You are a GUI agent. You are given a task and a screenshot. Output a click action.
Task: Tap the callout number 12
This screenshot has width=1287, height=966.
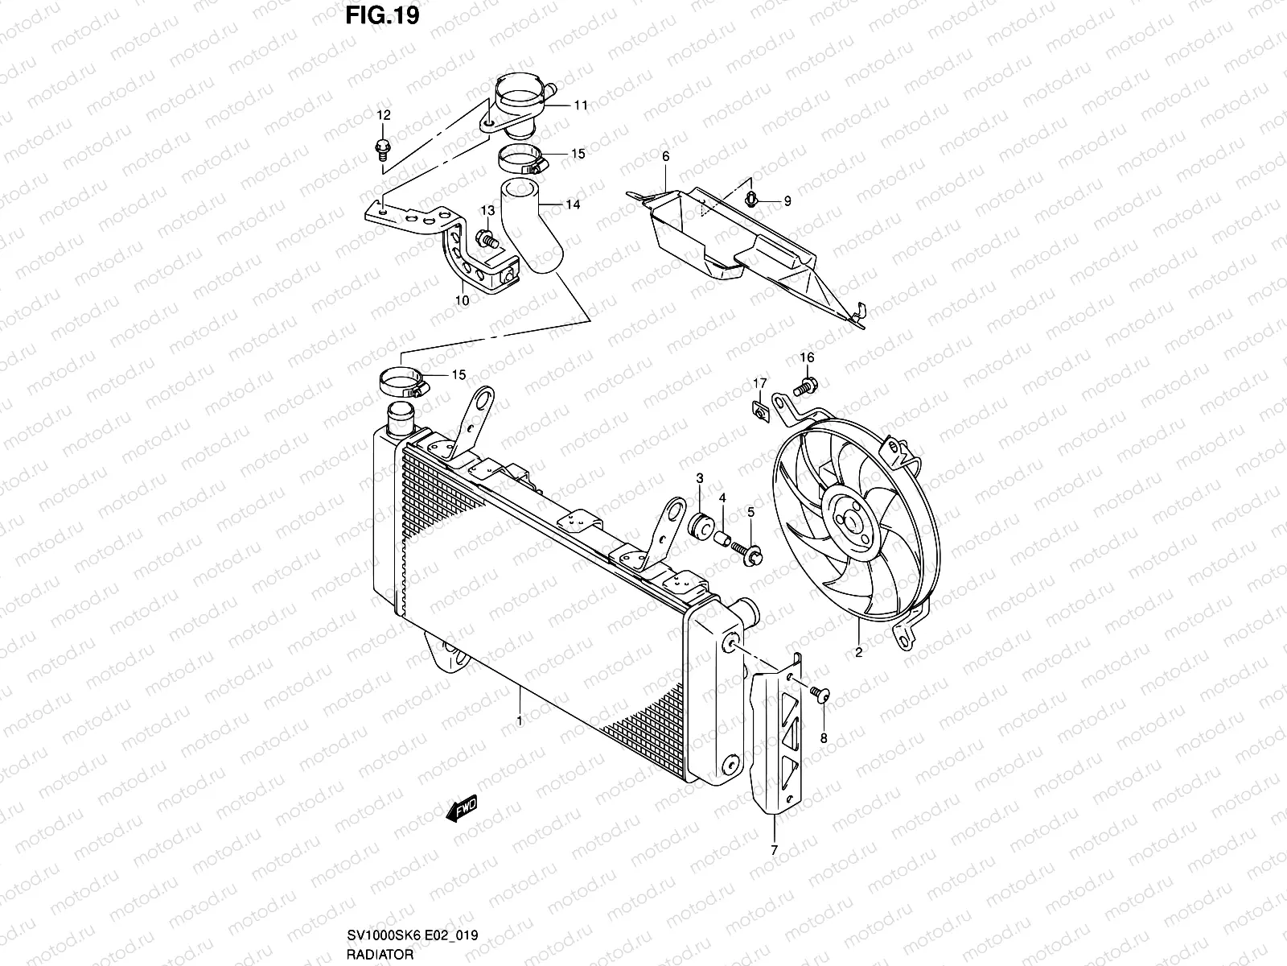click(x=384, y=115)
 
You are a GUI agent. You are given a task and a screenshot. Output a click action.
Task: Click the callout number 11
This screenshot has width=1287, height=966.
click(x=580, y=105)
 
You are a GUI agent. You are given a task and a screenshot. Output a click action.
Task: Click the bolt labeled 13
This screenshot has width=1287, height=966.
click(x=487, y=238)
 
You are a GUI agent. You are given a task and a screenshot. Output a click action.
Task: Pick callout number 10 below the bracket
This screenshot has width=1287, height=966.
click(x=462, y=301)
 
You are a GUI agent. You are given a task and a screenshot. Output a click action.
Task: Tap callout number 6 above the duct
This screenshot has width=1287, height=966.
click(x=665, y=155)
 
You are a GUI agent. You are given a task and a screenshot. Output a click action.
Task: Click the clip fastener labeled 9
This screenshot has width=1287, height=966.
click(x=753, y=199)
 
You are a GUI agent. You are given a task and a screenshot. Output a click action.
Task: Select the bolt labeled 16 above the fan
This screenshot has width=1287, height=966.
click(x=806, y=387)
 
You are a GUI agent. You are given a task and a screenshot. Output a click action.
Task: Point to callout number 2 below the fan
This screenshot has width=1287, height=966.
click(x=858, y=653)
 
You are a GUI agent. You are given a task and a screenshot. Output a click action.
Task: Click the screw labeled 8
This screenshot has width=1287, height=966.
click(x=820, y=695)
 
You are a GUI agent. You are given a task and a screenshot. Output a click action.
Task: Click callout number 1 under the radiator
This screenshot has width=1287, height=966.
click(x=520, y=720)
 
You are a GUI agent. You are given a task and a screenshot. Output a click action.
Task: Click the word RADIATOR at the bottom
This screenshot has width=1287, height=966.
click(x=380, y=954)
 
